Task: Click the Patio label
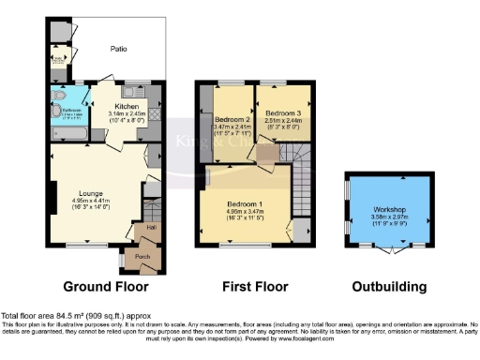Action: (119, 48)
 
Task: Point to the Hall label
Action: (138, 227)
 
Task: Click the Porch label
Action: (142, 257)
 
